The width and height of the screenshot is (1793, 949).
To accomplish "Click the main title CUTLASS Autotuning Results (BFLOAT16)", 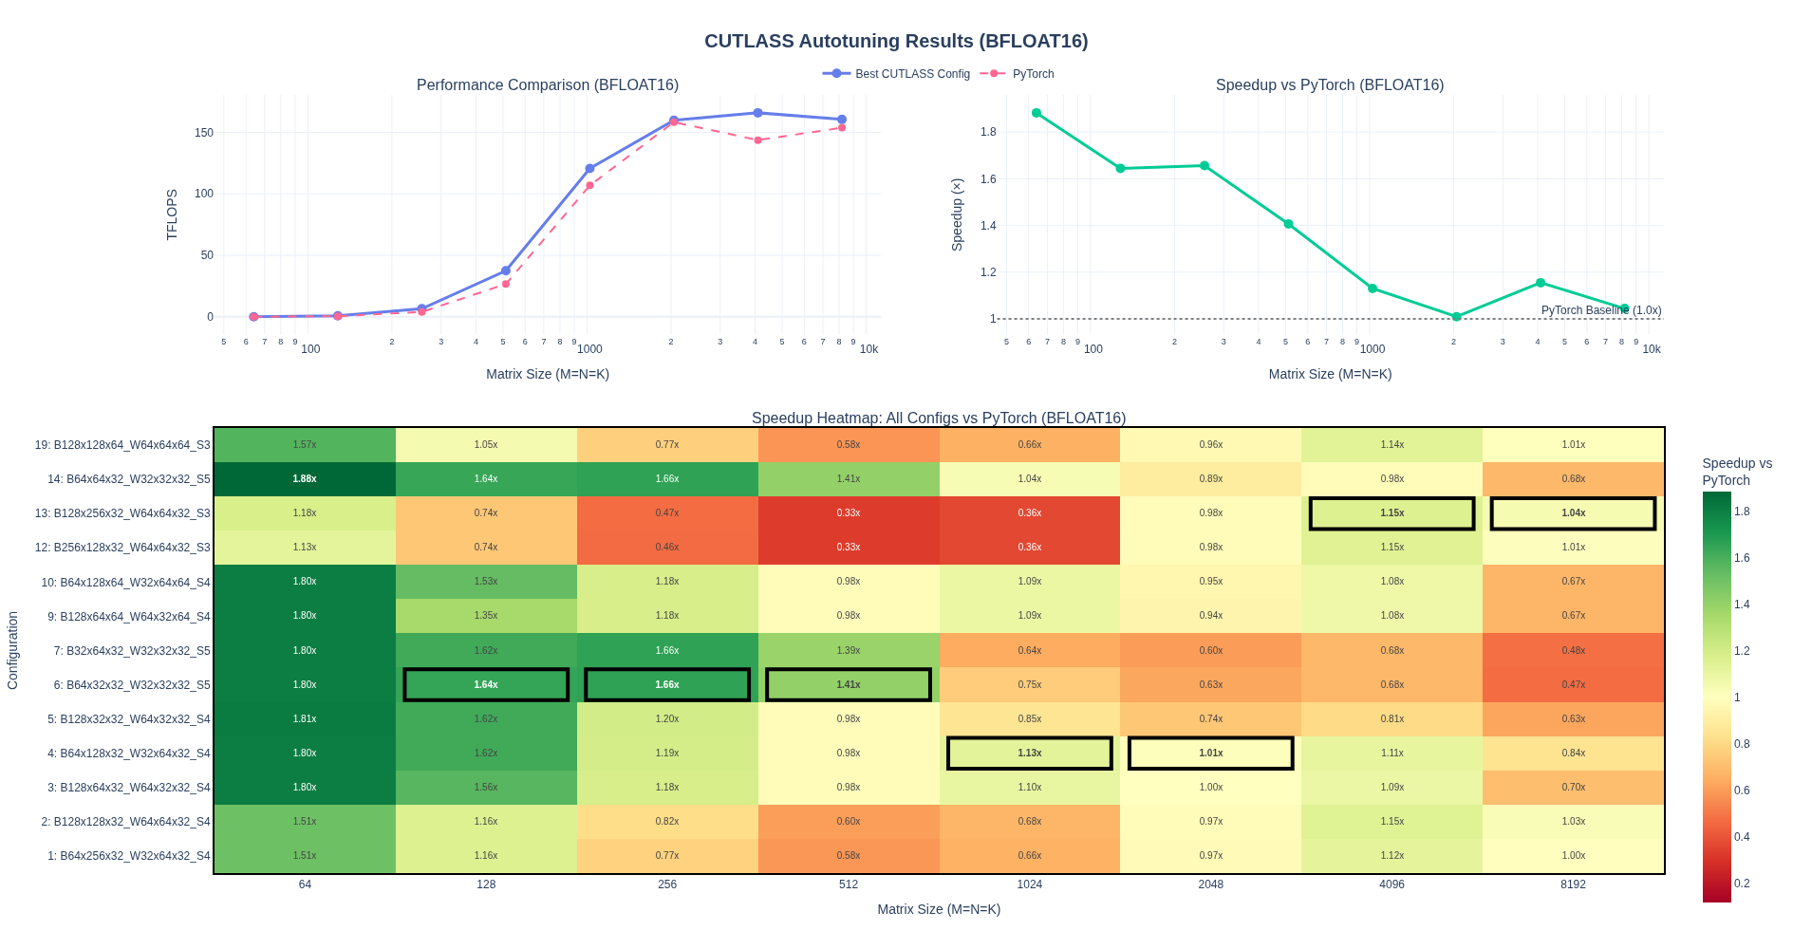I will point(896,41).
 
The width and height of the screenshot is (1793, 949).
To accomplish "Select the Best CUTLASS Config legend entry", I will point(911,74).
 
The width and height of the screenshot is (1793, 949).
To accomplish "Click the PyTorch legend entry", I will point(1032,74).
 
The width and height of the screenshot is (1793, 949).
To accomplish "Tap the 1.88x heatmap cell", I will point(305,479).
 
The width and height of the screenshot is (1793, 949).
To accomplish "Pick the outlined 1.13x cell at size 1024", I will point(1030,754).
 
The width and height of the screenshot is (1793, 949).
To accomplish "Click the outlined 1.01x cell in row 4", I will point(1210,754).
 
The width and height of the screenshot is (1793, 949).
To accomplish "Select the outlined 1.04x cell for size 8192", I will point(1573,513).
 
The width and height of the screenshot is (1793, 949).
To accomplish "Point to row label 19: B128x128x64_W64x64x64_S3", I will point(122,445).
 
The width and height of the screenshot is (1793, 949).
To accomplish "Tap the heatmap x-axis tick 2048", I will point(1210,884).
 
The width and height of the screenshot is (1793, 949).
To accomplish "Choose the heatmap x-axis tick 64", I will point(305,884).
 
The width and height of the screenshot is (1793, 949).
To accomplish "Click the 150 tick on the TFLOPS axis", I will point(204,133).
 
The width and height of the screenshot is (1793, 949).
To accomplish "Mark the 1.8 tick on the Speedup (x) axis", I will point(988,132).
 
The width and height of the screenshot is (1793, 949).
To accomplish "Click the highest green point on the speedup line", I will point(1037,113).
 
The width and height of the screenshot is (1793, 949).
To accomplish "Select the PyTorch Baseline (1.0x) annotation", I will point(1600,310).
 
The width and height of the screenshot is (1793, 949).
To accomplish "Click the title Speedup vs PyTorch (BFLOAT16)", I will point(1329,85).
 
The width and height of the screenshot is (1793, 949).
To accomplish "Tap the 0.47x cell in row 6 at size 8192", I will point(1573,685).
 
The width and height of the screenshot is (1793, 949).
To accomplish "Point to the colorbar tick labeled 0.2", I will point(1742,884).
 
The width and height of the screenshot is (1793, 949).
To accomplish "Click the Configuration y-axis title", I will point(13,650).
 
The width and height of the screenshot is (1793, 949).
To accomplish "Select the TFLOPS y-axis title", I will point(172,214).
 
